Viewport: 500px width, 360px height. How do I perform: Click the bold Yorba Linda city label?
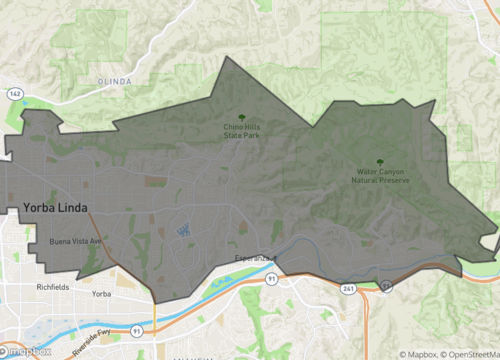point(54,208)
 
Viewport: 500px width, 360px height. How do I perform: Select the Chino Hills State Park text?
point(243,130)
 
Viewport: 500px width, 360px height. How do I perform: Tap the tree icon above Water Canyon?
point(380,162)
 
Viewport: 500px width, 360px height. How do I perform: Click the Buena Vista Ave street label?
point(76,242)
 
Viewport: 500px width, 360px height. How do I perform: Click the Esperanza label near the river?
point(255,258)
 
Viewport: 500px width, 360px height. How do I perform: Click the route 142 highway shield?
point(14,93)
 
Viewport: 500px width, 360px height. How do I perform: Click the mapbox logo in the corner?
point(27,351)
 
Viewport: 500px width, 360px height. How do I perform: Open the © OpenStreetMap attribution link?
point(468,353)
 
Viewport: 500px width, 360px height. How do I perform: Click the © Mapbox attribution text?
point(411,353)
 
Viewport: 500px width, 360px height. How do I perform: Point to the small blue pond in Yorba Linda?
point(183,230)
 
